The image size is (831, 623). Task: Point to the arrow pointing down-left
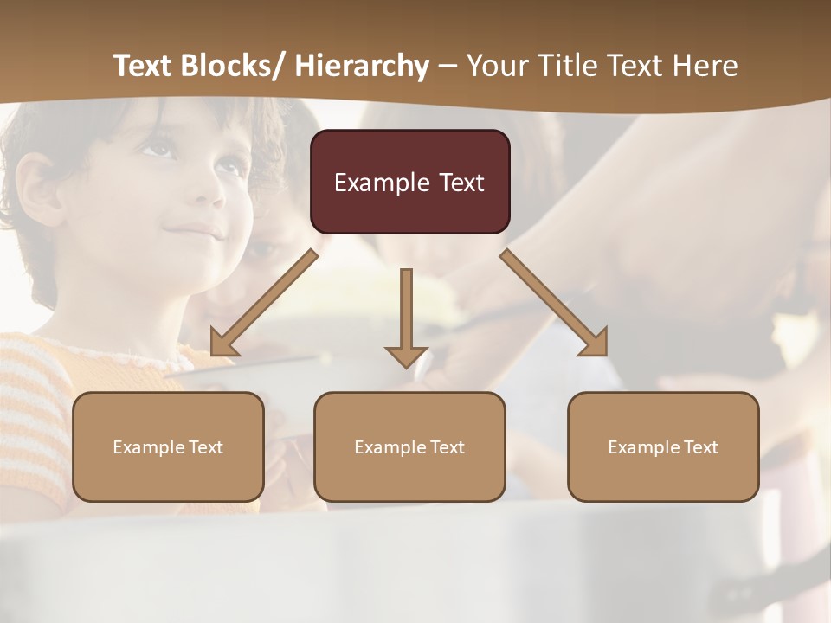coord(264,303)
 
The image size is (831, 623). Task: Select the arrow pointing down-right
coord(554,303)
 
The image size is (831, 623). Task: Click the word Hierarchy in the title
coord(362,66)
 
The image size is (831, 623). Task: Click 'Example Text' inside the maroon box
coord(409,183)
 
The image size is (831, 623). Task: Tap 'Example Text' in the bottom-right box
coord(663,447)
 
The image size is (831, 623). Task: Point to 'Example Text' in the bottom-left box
coord(168,447)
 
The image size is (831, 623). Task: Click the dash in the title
coord(448,66)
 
